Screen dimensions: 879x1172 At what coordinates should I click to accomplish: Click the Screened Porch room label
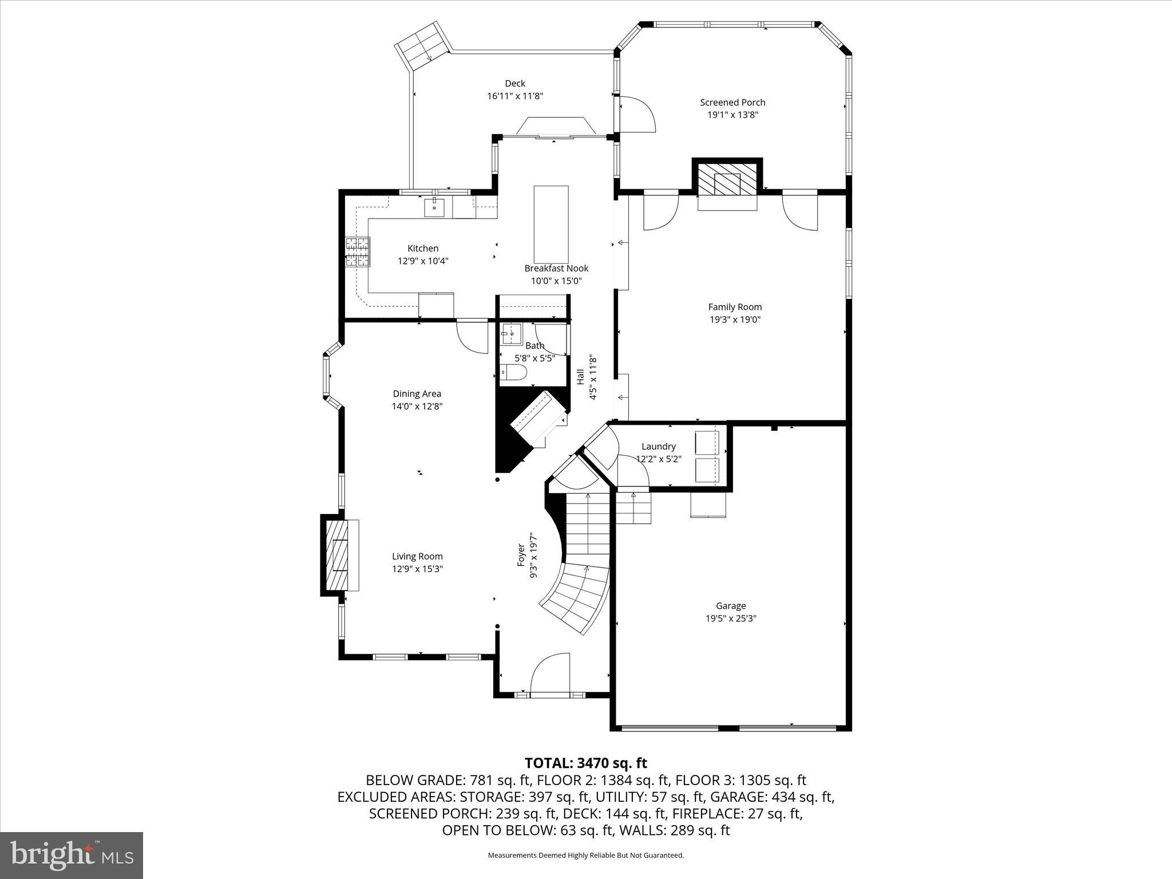[732, 102]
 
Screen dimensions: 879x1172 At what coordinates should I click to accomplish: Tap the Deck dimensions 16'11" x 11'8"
[514, 96]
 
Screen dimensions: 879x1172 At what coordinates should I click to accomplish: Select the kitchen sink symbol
[435, 207]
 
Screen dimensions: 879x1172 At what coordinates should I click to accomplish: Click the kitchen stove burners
[358, 252]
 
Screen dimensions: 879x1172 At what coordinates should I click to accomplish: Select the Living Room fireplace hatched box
[336, 555]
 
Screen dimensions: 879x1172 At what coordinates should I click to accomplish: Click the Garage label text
[731, 605]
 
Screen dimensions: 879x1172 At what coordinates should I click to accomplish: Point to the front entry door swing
[549, 675]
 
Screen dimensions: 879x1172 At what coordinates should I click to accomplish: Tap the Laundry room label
[658, 446]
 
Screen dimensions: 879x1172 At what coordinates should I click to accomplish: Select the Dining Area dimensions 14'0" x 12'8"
[417, 406]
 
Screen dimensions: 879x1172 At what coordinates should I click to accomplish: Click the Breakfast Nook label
[556, 268]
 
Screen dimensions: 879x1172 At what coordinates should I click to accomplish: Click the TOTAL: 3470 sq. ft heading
[585, 763]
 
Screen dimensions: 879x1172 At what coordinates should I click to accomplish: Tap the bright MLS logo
[72, 855]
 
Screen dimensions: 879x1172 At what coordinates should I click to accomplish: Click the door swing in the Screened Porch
[636, 114]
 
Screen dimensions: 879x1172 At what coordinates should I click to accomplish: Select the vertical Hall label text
[580, 378]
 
